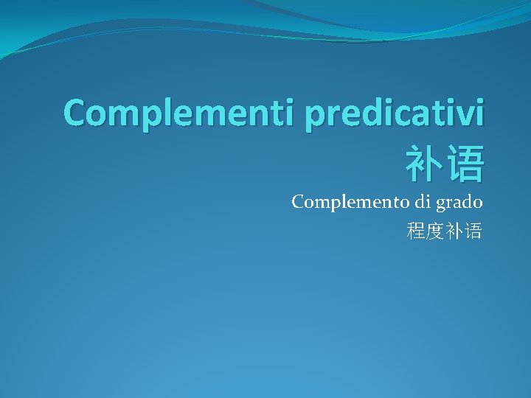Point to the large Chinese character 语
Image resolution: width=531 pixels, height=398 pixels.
[465, 164]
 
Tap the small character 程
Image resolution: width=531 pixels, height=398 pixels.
[416, 232]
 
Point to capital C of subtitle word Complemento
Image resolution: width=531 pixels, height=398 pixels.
[298, 202]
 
